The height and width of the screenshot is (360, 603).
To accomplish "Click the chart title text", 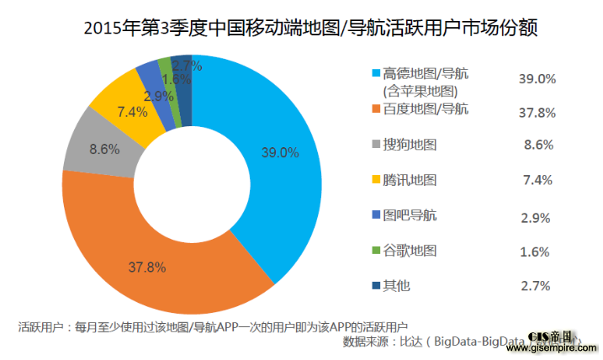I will (301, 29).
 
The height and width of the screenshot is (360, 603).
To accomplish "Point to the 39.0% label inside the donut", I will (278, 153).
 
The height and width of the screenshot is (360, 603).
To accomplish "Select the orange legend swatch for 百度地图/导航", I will (374, 109).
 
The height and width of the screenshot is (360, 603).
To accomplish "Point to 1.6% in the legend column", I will (536, 251).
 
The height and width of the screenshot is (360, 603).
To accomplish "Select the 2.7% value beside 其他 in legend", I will (536, 287).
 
